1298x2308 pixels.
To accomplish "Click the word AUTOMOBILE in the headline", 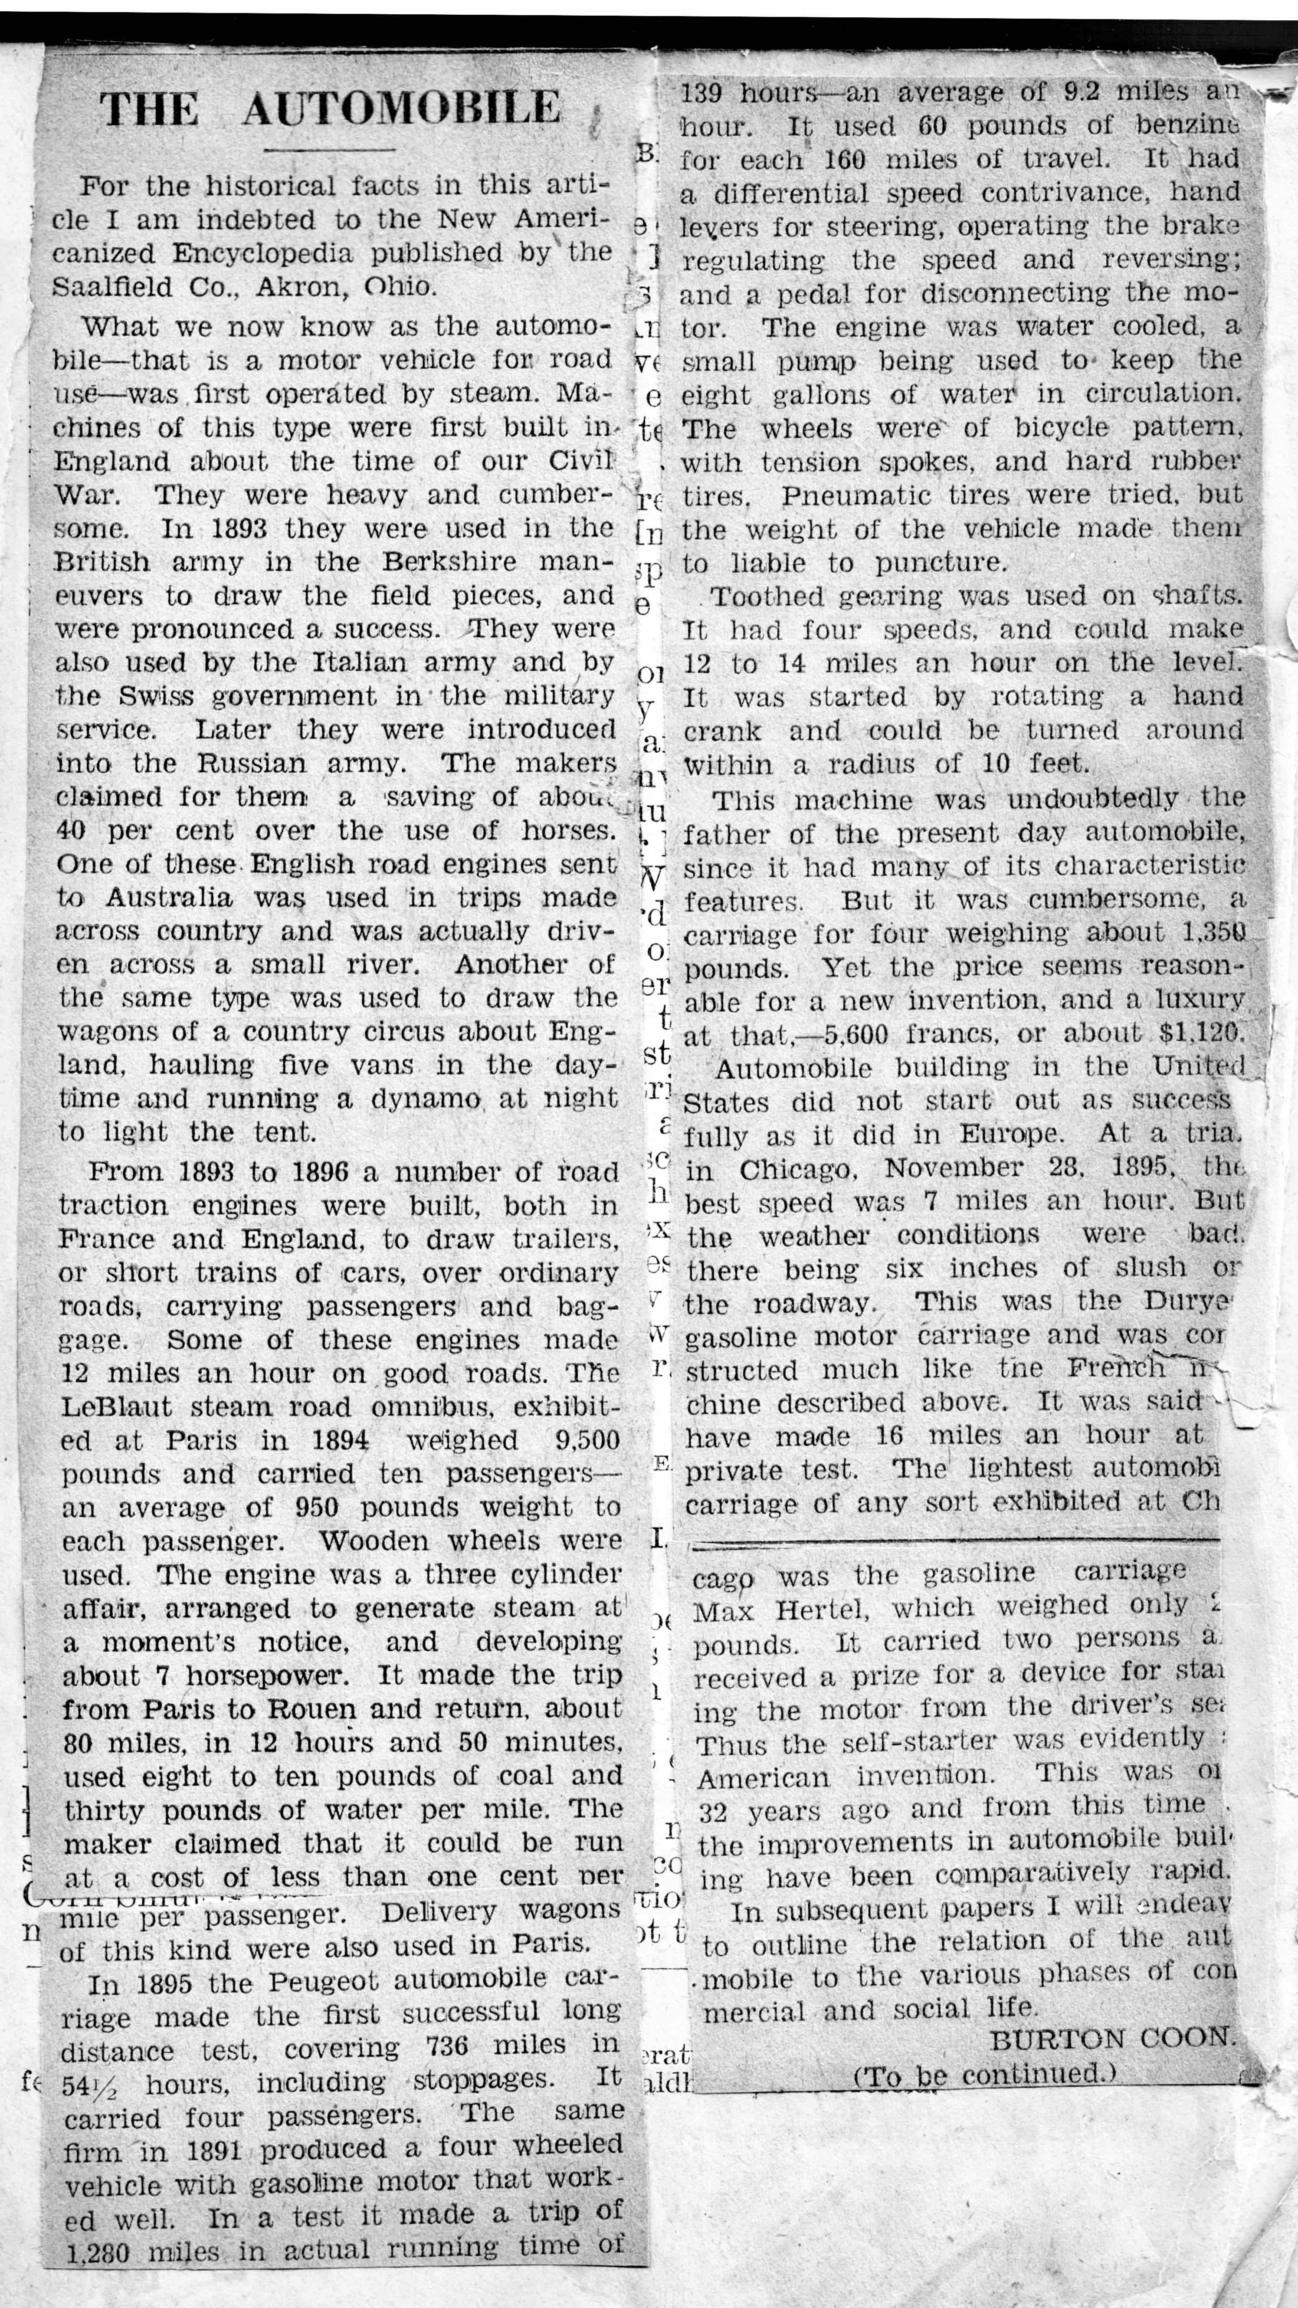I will [401, 109].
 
